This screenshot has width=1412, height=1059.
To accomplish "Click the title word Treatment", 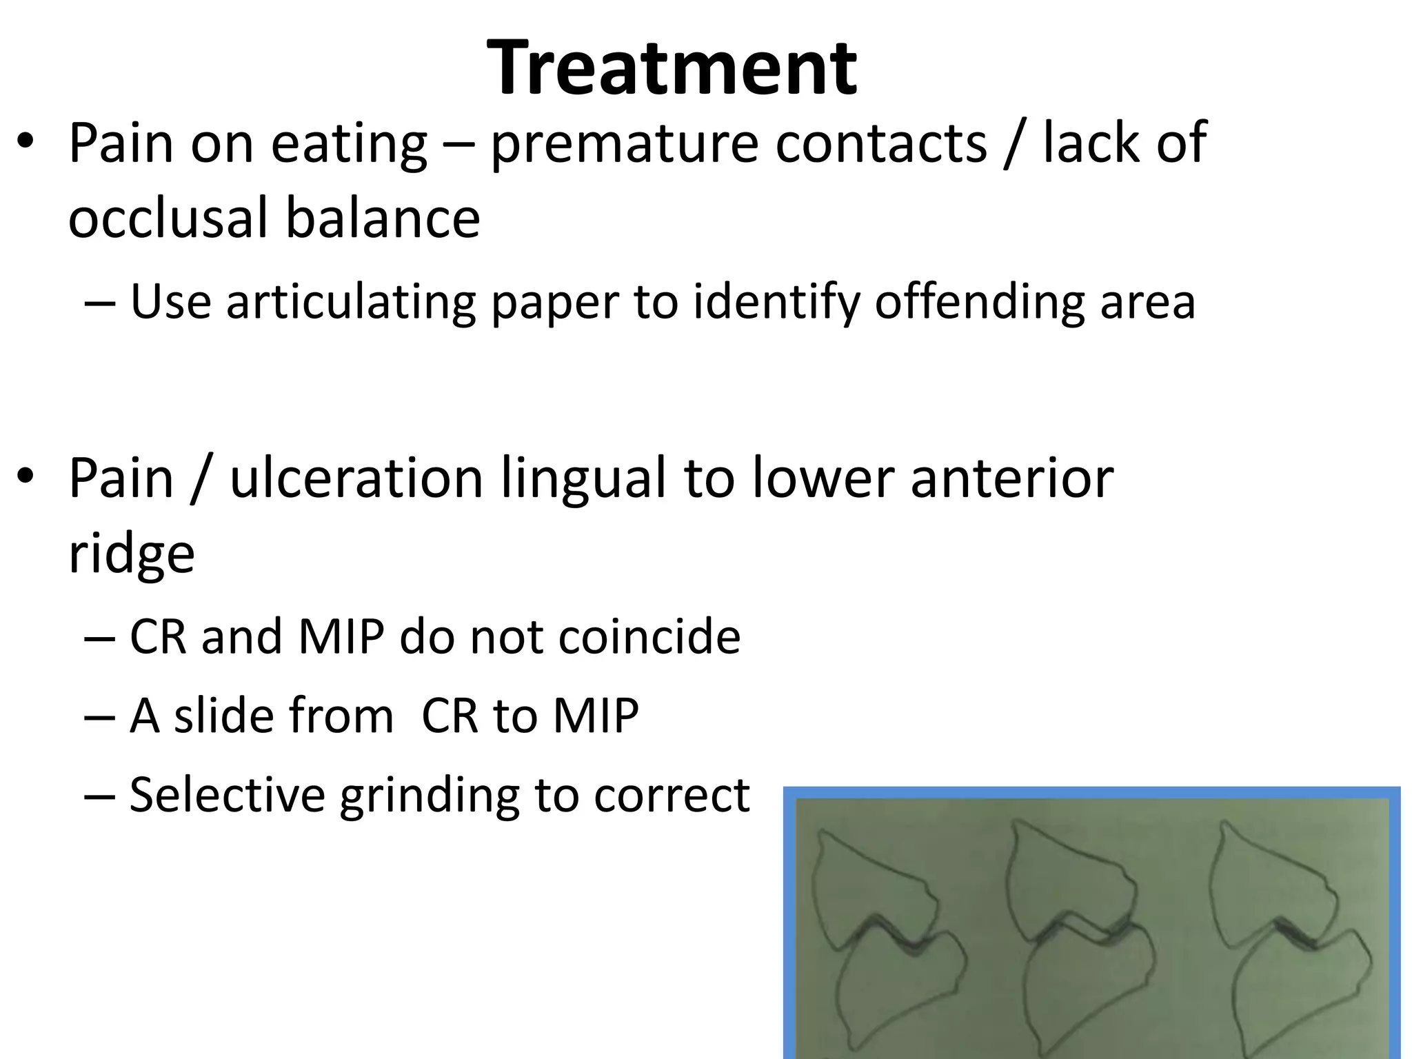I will pyautogui.click(x=672, y=68).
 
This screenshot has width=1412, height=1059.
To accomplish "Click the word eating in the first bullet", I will pyautogui.click(x=349, y=143).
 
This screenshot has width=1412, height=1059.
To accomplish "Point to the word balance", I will pyautogui.click(x=383, y=217).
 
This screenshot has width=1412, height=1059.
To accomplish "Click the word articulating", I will pyautogui.click(x=351, y=302).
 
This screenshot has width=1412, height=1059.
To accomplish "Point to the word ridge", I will pyautogui.click(x=132, y=553).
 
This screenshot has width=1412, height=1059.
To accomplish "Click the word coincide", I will pyautogui.click(x=649, y=636).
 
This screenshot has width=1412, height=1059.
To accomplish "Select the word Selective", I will pyautogui.click(x=227, y=794).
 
